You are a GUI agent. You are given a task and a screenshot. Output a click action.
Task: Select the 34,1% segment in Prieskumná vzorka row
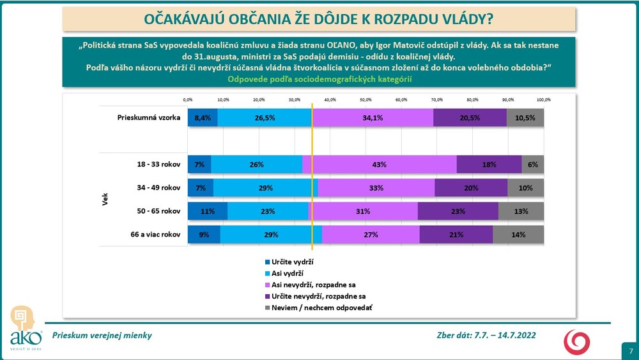tap(373, 118)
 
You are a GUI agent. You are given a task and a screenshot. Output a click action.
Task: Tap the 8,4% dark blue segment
tap(203, 118)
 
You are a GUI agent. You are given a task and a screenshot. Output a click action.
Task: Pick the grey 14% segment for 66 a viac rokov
tap(518, 235)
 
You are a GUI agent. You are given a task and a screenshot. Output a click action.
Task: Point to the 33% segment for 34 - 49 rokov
tap(376, 188)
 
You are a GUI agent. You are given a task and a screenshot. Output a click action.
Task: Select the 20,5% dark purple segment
tap(470, 118)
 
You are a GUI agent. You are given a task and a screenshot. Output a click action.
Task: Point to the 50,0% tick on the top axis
tap(366, 100)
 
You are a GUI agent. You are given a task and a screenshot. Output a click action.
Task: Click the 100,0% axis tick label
tap(543, 100)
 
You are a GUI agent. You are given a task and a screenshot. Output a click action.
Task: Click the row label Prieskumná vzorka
tap(149, 118)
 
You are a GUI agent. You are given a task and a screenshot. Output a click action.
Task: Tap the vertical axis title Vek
tap(104, 200)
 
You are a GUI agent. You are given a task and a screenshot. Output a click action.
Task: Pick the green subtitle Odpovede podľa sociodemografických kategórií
tap(319, 79)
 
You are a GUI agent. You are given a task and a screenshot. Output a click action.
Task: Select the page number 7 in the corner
tap(631, 351)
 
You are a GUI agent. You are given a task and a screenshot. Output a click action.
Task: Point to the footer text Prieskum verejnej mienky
tap(102, 335)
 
